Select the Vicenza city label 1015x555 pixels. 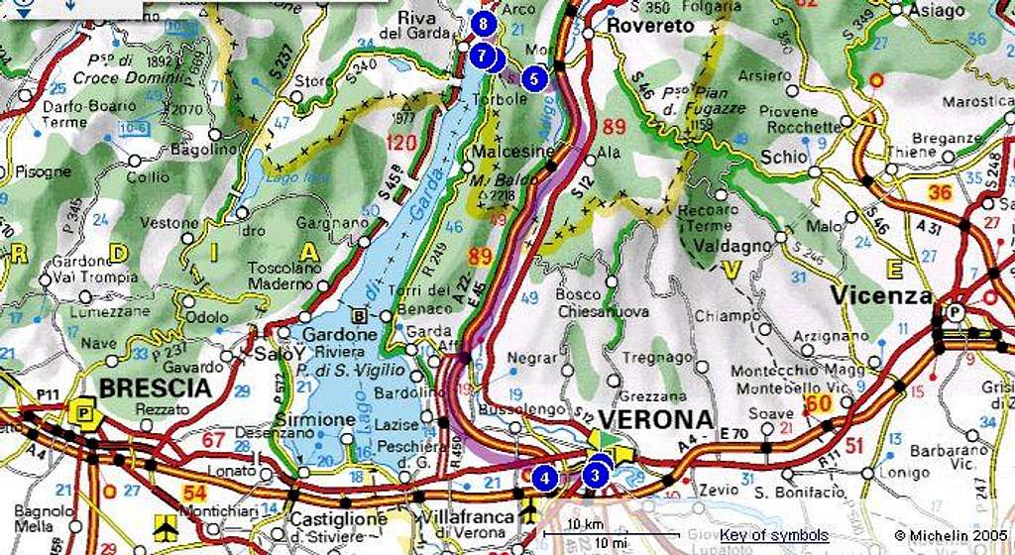(x=881, y=296)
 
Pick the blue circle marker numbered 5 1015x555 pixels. (x=534, y=78)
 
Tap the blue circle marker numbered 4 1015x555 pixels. (x=543, y=478)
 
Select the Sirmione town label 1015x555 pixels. (x=321, y=420)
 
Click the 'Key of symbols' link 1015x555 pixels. (x=774, y=535)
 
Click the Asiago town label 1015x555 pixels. (x=937, y=11)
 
